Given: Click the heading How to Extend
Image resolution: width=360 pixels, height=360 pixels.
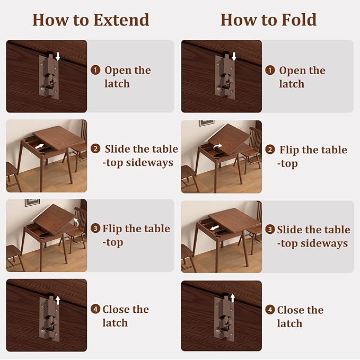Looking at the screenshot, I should pyautogui.click(x=91, y=20).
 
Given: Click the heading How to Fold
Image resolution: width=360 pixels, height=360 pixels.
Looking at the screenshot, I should pyautogui.click(x=268, y=20).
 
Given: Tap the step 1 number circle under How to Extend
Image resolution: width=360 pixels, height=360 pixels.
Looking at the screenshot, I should pyautogui.click(x=95, y=70).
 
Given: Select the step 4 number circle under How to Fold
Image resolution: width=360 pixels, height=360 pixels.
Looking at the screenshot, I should pyautogui.click(x=270, y=310).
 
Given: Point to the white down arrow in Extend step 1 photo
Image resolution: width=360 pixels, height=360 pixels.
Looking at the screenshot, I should pyautogui.click(x=58, y=56).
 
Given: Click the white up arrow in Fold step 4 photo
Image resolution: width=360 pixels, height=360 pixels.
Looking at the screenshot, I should pyautogui.click(x=232, y=299).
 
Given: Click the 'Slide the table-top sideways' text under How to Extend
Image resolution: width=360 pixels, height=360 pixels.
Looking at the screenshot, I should pyautogui.click(x=140, y=155).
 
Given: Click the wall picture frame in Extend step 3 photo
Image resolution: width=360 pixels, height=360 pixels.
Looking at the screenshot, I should pyautogui.click(x=32, y=203).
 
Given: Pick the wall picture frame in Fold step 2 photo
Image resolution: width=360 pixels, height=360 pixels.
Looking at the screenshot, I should pyautogui.click(x=207, y=122).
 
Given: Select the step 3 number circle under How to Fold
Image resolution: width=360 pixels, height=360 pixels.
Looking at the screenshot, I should pyautogui.click(x=270, y=230).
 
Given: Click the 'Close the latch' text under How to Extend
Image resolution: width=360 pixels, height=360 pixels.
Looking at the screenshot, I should pyautogui.click(x=125, y=316).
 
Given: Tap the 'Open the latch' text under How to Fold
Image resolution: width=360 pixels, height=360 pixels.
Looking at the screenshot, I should pyautogui.click(x=302, y=77).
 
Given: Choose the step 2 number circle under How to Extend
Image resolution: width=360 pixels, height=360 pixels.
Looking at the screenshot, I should pyautogui.click(x=95, y=149).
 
